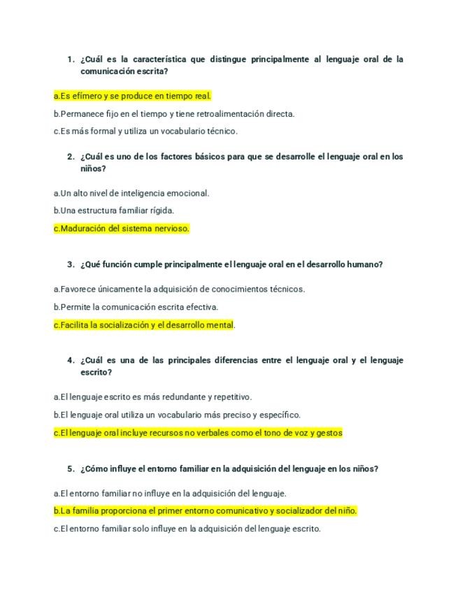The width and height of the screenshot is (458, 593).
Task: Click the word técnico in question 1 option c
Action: pos(221,131)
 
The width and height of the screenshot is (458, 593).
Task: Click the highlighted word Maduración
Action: pos(83,228)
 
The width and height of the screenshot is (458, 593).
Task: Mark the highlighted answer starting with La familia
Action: pos(206,510)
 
